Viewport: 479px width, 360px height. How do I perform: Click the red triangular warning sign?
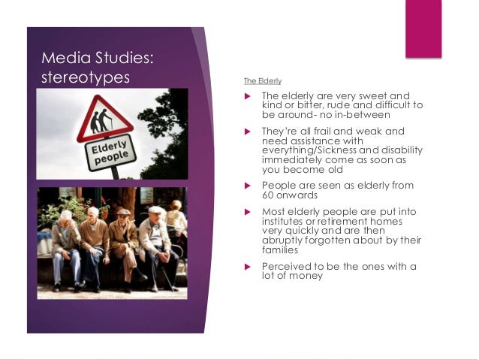point(103,121)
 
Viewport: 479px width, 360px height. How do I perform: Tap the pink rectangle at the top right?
point(423,29)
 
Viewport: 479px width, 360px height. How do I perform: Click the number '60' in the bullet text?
point(268,195)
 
